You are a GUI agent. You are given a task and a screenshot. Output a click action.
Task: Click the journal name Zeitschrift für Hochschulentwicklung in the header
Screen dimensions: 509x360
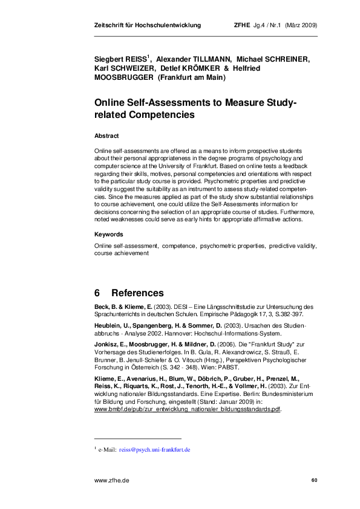[x=148, y=25]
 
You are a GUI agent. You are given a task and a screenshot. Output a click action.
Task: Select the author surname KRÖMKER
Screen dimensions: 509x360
[x=197, y=70]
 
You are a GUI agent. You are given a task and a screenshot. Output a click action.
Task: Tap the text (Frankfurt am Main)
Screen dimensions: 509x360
[x=191, y=79]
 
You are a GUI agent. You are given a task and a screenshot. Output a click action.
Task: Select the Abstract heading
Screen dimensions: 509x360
[x=106, y=136]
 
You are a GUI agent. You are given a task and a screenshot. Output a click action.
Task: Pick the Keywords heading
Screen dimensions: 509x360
[x=109, y=234]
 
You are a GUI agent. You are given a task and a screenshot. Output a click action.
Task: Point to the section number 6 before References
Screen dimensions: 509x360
[x=97, y=293]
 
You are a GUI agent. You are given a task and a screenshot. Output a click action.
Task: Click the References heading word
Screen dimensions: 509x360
[x=137, y=293]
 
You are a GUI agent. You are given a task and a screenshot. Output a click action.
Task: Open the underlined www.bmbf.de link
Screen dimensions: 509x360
[x=188, y=392]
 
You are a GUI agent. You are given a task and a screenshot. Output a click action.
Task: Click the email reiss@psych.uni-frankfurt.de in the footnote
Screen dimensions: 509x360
[x=155, y=450]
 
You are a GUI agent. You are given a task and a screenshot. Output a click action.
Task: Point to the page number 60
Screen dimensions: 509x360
[x=313, y=480]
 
